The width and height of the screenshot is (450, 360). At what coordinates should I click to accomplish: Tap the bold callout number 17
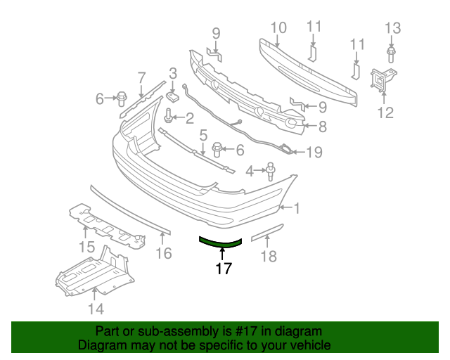pyautogui.click(x=224, y=268)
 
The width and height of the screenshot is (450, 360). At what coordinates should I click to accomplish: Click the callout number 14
pyautogui.click(x=96, y=308)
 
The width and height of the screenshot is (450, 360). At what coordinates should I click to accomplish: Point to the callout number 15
pyautogui.click(x=86, y=247)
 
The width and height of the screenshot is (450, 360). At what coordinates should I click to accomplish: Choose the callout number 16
pyautogui.click(x=163, y=253)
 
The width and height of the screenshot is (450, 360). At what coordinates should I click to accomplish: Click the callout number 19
pyautogui.click(x=314, y=152)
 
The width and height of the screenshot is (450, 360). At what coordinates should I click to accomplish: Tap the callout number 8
pyautogui.click(x=323, y=127)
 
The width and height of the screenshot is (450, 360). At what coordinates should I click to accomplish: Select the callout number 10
pyautogui.click(x=278, y=28)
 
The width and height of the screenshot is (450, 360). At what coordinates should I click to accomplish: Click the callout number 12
pyautogui.click(x=385, y=112)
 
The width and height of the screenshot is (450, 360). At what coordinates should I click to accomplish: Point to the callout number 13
pyautogui.click(x=392, y=28)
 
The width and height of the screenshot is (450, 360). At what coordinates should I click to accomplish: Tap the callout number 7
pyautogui.click(x=141, y=78)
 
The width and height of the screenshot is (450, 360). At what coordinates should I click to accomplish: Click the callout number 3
pyautogui.click(x=172, y=72)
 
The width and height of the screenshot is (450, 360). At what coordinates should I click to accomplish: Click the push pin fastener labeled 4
pyautogui.click(x=269, y=171)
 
